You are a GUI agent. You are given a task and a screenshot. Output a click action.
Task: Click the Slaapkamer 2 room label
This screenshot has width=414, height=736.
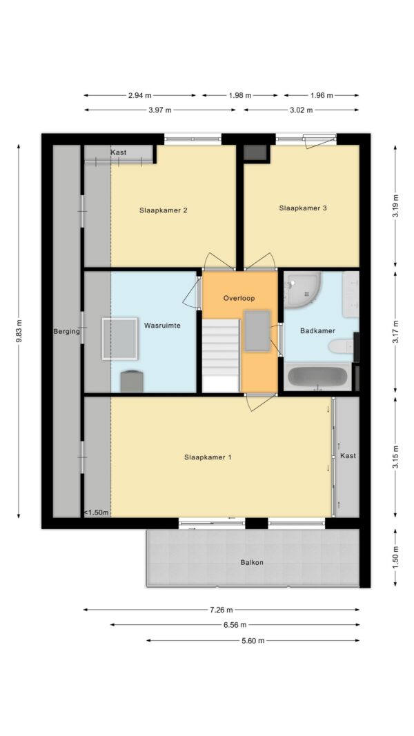(164, 210)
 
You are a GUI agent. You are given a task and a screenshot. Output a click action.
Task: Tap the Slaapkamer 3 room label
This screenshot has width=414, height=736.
(303, 208)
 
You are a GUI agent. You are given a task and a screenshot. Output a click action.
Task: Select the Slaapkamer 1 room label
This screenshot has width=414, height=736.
(208, 457)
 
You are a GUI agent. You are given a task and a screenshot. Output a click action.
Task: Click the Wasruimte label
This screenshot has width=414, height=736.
(162, 325)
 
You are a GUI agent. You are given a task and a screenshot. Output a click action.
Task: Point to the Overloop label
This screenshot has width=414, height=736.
(239, 298)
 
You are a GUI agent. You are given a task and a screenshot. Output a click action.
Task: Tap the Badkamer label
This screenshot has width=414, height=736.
(318, 330)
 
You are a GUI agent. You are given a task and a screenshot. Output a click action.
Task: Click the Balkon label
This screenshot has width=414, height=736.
(252, 562)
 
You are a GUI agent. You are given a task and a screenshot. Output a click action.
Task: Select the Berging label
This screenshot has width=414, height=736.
(66, 331)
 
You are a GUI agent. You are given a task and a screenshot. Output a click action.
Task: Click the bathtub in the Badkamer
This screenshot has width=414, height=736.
(318, 377)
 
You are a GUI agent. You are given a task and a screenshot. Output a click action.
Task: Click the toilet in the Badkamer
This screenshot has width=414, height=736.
(341, 347)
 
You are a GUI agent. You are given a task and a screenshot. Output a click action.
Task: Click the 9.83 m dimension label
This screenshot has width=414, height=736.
(19, 331)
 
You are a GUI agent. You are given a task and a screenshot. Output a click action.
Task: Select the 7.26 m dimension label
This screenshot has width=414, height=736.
(221, 610)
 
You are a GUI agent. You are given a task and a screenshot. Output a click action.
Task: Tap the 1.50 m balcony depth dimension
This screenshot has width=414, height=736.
(395, 558)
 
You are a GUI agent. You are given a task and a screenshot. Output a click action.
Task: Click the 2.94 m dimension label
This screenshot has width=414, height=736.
(140, 95)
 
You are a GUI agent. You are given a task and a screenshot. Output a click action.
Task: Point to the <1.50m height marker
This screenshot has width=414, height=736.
(97, 513)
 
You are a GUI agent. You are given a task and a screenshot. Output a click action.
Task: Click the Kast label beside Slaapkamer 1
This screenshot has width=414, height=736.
(348, 455)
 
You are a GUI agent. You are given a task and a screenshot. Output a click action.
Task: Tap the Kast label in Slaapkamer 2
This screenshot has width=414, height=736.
(119, 152)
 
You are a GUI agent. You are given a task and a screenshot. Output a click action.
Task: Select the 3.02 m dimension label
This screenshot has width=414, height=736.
(302, 110)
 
